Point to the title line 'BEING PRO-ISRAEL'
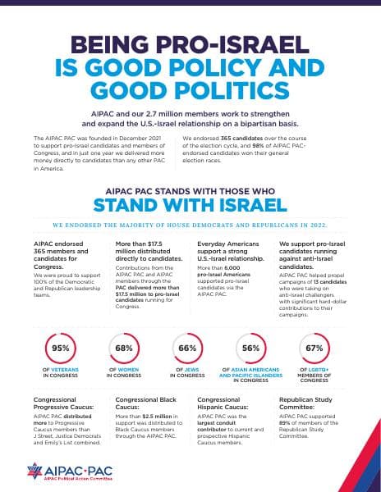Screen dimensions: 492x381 tap(190, 46)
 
